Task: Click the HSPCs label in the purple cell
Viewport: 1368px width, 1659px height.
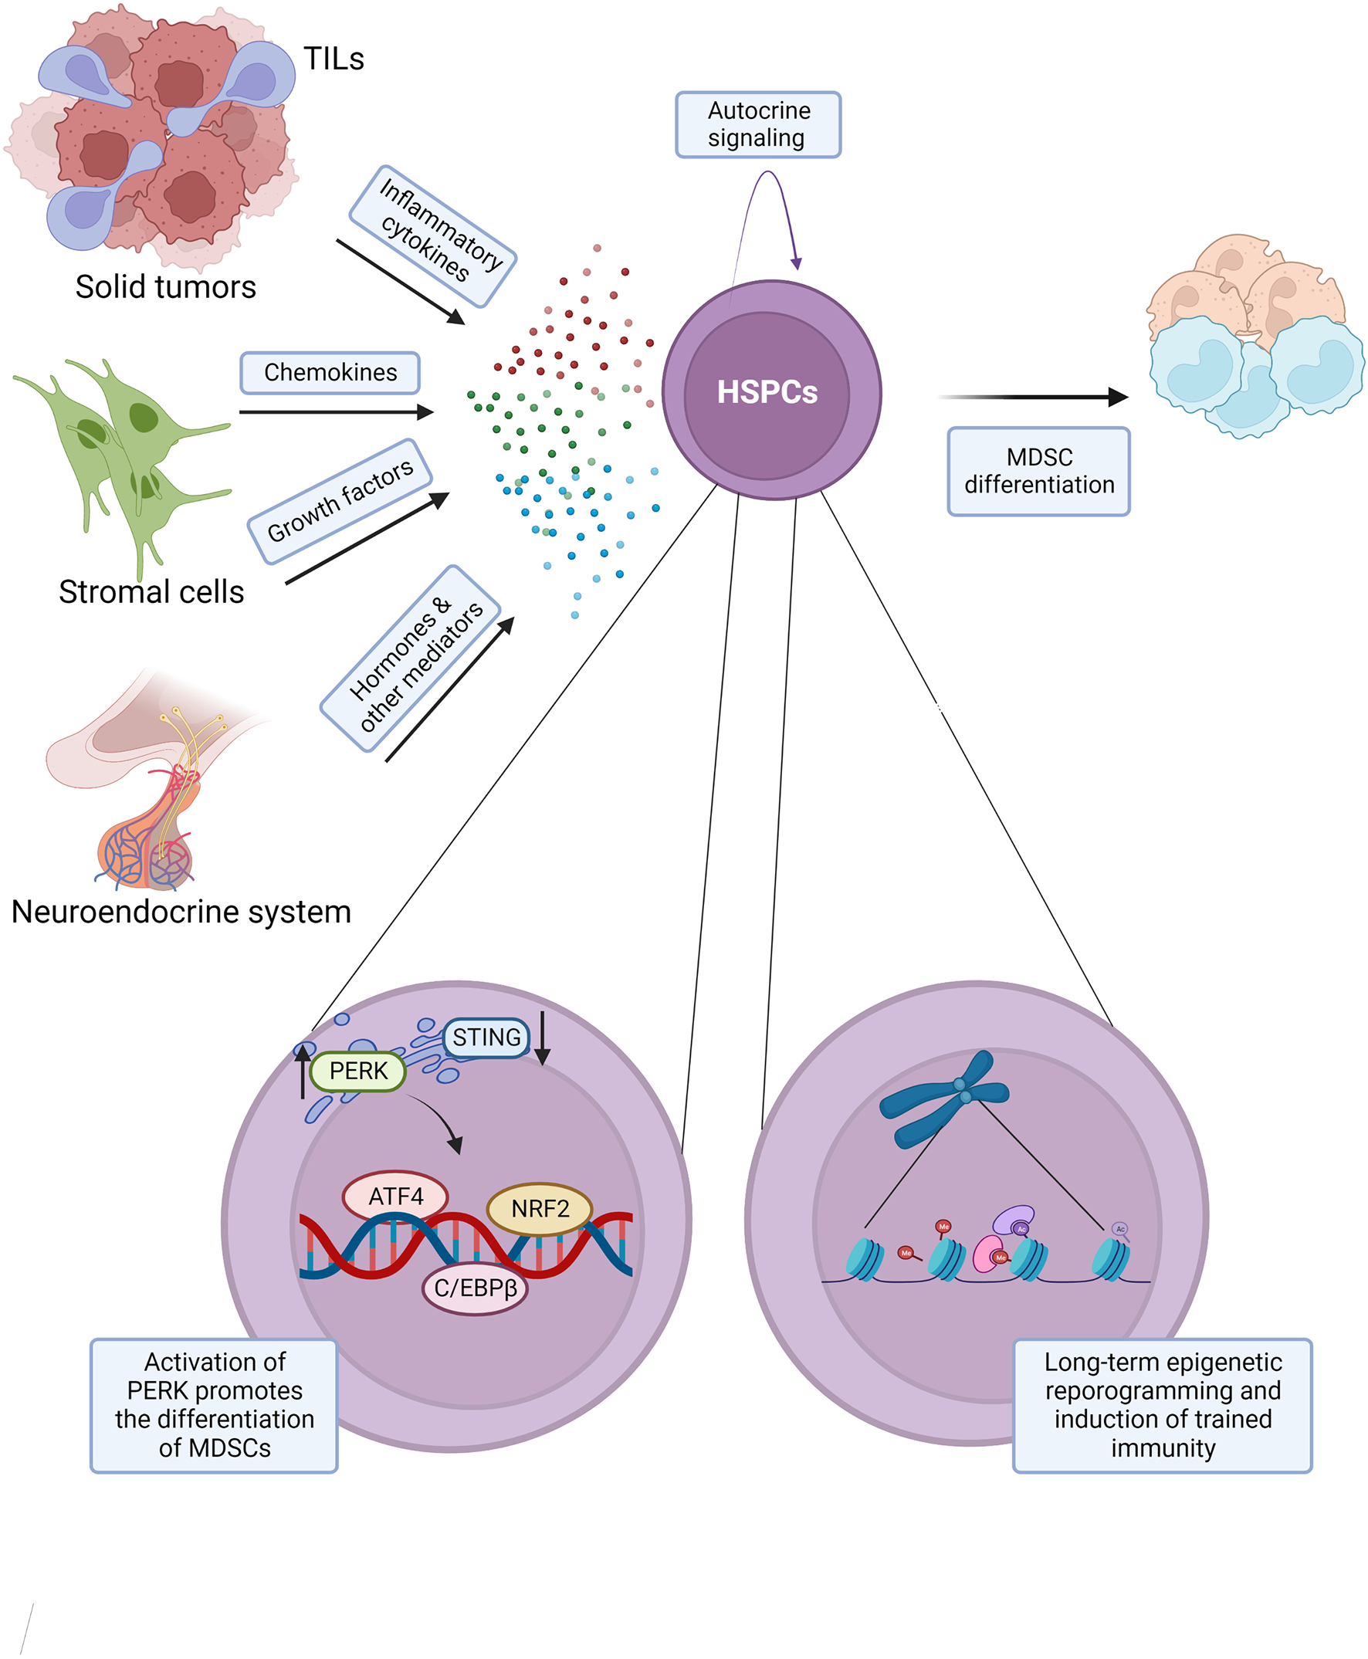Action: (x=767, y=391)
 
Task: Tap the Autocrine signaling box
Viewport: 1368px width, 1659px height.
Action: (x=758, y=124)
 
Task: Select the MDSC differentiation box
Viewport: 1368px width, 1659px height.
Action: (x=1038, y=471)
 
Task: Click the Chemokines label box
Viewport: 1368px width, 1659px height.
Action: (x=330, y=373)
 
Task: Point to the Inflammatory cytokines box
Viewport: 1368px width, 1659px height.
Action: (x=432, y=235)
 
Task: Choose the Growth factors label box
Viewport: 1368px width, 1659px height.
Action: (x=340, y=501)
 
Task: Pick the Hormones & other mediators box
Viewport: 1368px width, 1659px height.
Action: (x=411, y=658)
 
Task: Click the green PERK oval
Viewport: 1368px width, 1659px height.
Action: (x=357, y=1071)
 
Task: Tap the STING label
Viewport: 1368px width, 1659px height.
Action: (x=486, y=1038)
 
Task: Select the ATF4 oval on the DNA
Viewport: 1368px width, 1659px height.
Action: (x=395, y=1197)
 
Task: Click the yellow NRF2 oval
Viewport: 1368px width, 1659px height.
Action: (x=540, y=1208)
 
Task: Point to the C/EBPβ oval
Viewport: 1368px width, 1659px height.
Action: (x=476, y=1288)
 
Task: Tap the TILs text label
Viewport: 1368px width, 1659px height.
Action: (x=334, y=59)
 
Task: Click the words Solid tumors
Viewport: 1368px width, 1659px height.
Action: (x=165, y=287)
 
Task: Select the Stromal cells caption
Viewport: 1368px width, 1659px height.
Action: (x=151, y=592)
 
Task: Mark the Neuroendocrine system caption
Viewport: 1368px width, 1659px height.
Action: (x=181, y=912)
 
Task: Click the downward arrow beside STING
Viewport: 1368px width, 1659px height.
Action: (x=542, y=1039)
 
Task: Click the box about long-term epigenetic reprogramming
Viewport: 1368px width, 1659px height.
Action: (x=1162, y=1404)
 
